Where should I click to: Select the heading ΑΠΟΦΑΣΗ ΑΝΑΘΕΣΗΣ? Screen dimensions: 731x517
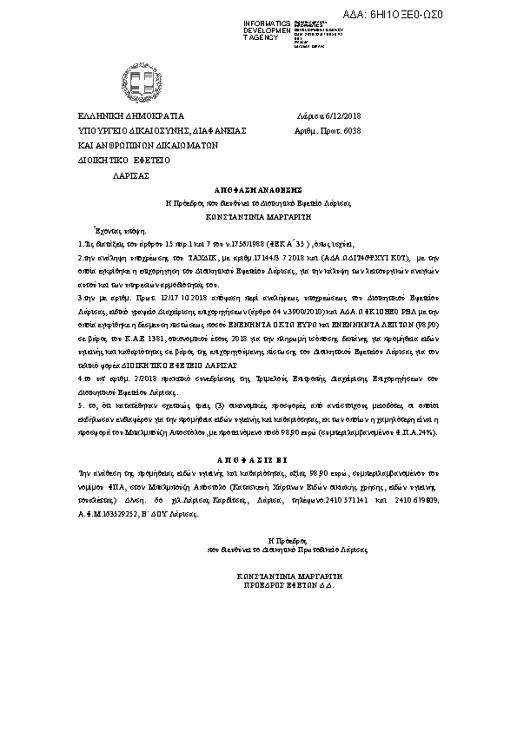coord(258,188)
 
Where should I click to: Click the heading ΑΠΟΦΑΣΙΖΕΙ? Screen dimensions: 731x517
coord(258,457)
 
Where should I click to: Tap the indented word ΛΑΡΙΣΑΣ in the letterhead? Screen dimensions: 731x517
coord(131,175)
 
